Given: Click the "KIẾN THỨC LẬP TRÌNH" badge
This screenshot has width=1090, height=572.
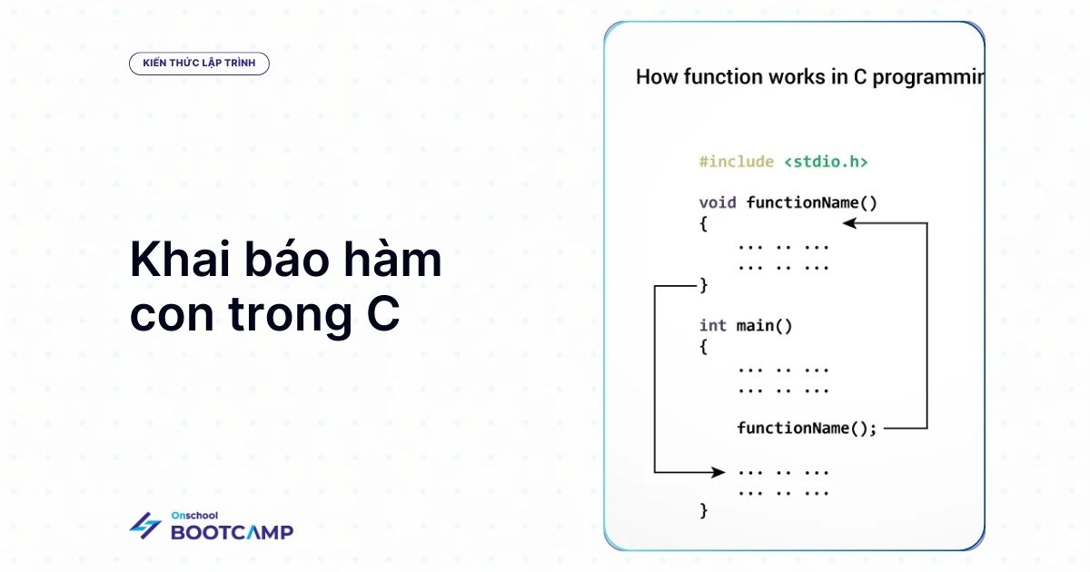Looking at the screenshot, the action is click(x=199, y=64).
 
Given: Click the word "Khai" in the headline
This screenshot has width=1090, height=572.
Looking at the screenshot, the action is click(x=180, y=260).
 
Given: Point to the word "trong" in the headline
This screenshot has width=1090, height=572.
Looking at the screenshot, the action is click(x=290, y=315).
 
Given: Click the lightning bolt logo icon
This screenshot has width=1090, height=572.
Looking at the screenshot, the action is click(x=145, y=526).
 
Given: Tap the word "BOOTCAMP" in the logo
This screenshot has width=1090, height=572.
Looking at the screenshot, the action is click(x=233, y=532).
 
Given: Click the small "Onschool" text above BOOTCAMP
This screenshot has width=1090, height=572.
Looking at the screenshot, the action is click(x=194, y=516).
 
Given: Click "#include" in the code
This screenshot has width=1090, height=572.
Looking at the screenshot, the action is click(x=737, y=162).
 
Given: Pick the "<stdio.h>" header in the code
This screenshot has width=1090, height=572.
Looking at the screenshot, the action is click(x=826, y=162).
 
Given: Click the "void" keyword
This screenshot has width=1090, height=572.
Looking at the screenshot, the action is click(x=718, y=202).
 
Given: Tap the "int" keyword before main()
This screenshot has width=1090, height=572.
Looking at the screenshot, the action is click(x=713, y=325).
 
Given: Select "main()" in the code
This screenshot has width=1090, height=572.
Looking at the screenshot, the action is click(x=765, y=326).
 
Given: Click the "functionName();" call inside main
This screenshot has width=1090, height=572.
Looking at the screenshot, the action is click(x=807, y=429).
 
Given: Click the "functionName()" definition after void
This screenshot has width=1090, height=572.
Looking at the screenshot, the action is click(x=812, y=202).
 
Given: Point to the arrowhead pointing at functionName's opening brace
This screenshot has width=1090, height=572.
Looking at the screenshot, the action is click(x=849, y=223).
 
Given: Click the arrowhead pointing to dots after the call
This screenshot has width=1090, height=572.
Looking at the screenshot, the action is click(x=718, y=472).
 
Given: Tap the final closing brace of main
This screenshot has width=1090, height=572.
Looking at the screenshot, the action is click(x=704, y=510).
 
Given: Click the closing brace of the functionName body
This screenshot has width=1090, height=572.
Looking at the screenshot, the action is click(x=704, y=285).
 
